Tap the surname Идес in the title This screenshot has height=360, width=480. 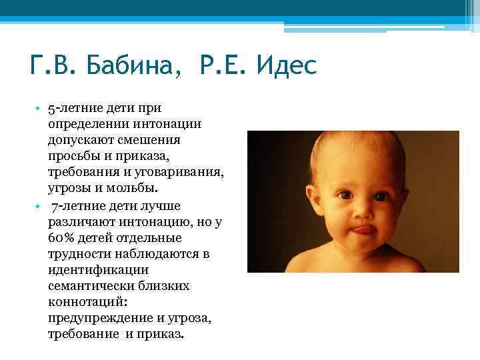pyautogui.click(x=279, y=67)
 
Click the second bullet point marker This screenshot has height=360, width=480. pyautogui.click(x=40, y=207)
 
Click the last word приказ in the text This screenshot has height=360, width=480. pyautogui.click(x=162, y=335)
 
